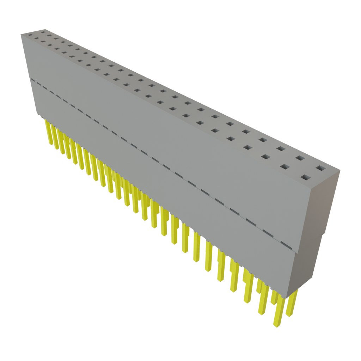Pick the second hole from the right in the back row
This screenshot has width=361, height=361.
300,158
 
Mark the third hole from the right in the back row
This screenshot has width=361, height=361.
281,148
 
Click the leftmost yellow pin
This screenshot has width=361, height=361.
47,130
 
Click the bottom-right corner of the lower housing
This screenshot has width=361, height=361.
288,296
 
